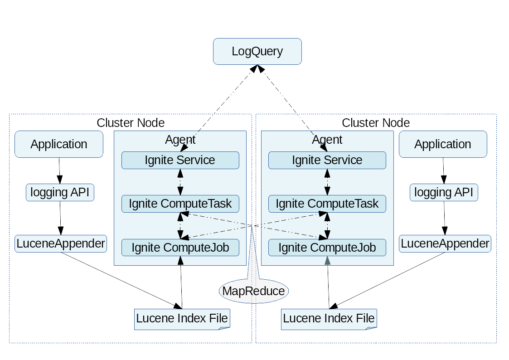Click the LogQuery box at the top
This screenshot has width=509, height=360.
(257, 51)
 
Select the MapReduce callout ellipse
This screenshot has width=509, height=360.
(254, 291)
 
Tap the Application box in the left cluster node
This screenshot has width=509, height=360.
(59, 144)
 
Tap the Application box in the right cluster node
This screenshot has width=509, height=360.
(443, 144)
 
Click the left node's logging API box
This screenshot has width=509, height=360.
(60, 192)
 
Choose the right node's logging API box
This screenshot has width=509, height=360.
(444, 192)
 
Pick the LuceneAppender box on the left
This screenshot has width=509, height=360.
(61, 243)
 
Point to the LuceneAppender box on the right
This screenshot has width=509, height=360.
(445, 243)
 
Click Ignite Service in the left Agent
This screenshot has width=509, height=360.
(180, 160)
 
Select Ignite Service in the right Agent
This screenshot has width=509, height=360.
(327, 160)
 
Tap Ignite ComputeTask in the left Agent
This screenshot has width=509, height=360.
(180, 204)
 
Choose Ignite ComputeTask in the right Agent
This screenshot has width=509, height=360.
(327, 204)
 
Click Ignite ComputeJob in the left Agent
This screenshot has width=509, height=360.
(180, 248)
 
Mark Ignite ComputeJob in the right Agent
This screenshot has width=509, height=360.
(327, 248)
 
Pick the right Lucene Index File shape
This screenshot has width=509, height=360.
(329, 319)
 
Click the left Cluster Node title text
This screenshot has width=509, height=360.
(131, 123)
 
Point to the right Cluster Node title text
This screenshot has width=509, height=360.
(376, 123)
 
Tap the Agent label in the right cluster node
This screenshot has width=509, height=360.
(327, 140)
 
